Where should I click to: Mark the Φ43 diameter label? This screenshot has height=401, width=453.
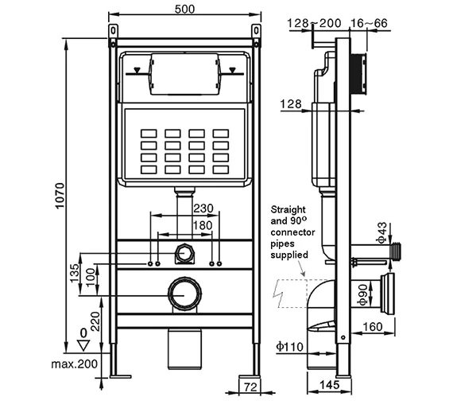click(381, 233)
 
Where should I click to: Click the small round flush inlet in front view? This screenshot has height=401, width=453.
click(184, 254)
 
